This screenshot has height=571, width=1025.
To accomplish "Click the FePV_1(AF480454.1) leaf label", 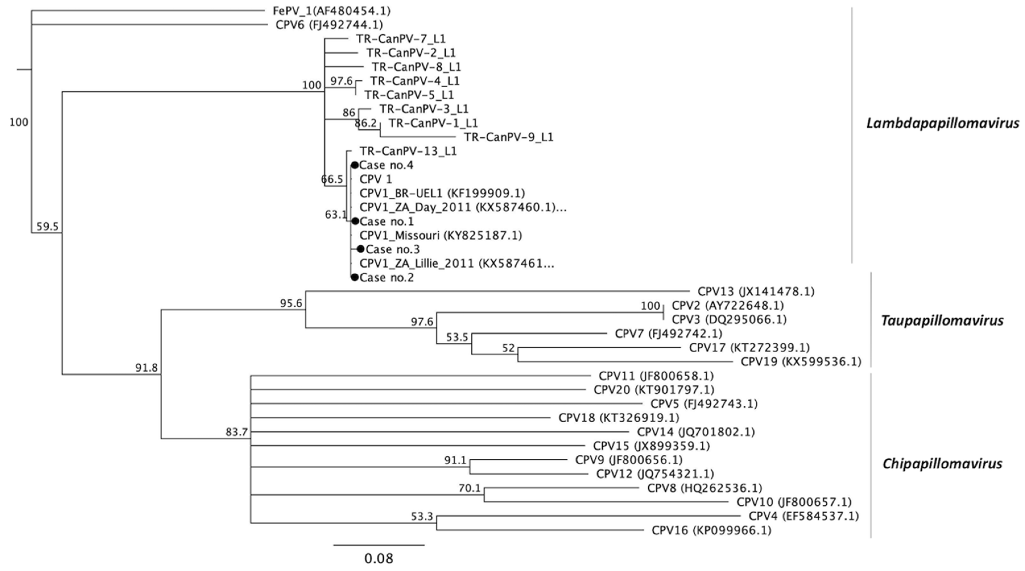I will click(331, 11).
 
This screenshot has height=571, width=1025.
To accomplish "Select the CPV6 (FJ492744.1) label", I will click(329, 25).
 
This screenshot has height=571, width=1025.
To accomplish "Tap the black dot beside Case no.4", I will click(355, 165).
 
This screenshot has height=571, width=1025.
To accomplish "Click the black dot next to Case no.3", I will click(361, 249).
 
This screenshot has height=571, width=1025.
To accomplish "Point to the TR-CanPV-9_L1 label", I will click(509, 137).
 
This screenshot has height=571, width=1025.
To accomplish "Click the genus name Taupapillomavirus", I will click(942, 320).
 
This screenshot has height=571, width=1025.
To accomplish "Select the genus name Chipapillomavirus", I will click(942, 464).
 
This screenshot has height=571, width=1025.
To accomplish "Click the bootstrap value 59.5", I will click(47, 226).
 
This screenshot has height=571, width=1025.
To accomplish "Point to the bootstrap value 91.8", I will click(146, 368).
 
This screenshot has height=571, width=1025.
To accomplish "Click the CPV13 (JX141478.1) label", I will click(756, 292).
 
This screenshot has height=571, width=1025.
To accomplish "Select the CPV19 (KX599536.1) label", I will click(801, 362).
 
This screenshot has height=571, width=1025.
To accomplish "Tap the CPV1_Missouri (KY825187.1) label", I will click(441, 235).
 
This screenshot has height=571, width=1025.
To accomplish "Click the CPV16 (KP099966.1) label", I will click(711, 530).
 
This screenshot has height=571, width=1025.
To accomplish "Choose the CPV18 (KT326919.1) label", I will click(619, 418).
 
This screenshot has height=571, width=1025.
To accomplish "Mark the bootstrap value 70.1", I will click(470, 488).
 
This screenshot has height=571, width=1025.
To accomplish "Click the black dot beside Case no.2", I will click(355, 277).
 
